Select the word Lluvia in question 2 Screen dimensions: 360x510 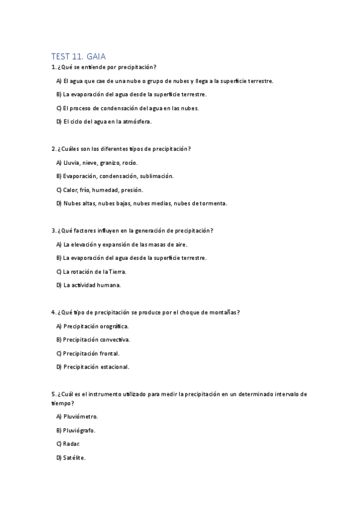(x=72, y=162)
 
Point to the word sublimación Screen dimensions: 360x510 (x=156, y=176)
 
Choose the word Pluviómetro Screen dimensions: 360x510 (x=81, y=416)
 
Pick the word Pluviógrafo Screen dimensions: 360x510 (x=79, y=430)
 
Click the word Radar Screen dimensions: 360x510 (x=72, y=444)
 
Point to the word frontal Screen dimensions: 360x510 (x=109, y=353)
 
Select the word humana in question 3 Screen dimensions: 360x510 (x=109, y=285)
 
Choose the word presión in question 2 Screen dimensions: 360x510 (x=131, y=189)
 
